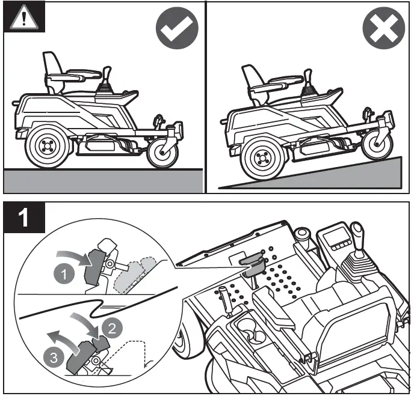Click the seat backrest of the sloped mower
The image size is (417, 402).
pyautogui.click(x=250, y=76)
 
